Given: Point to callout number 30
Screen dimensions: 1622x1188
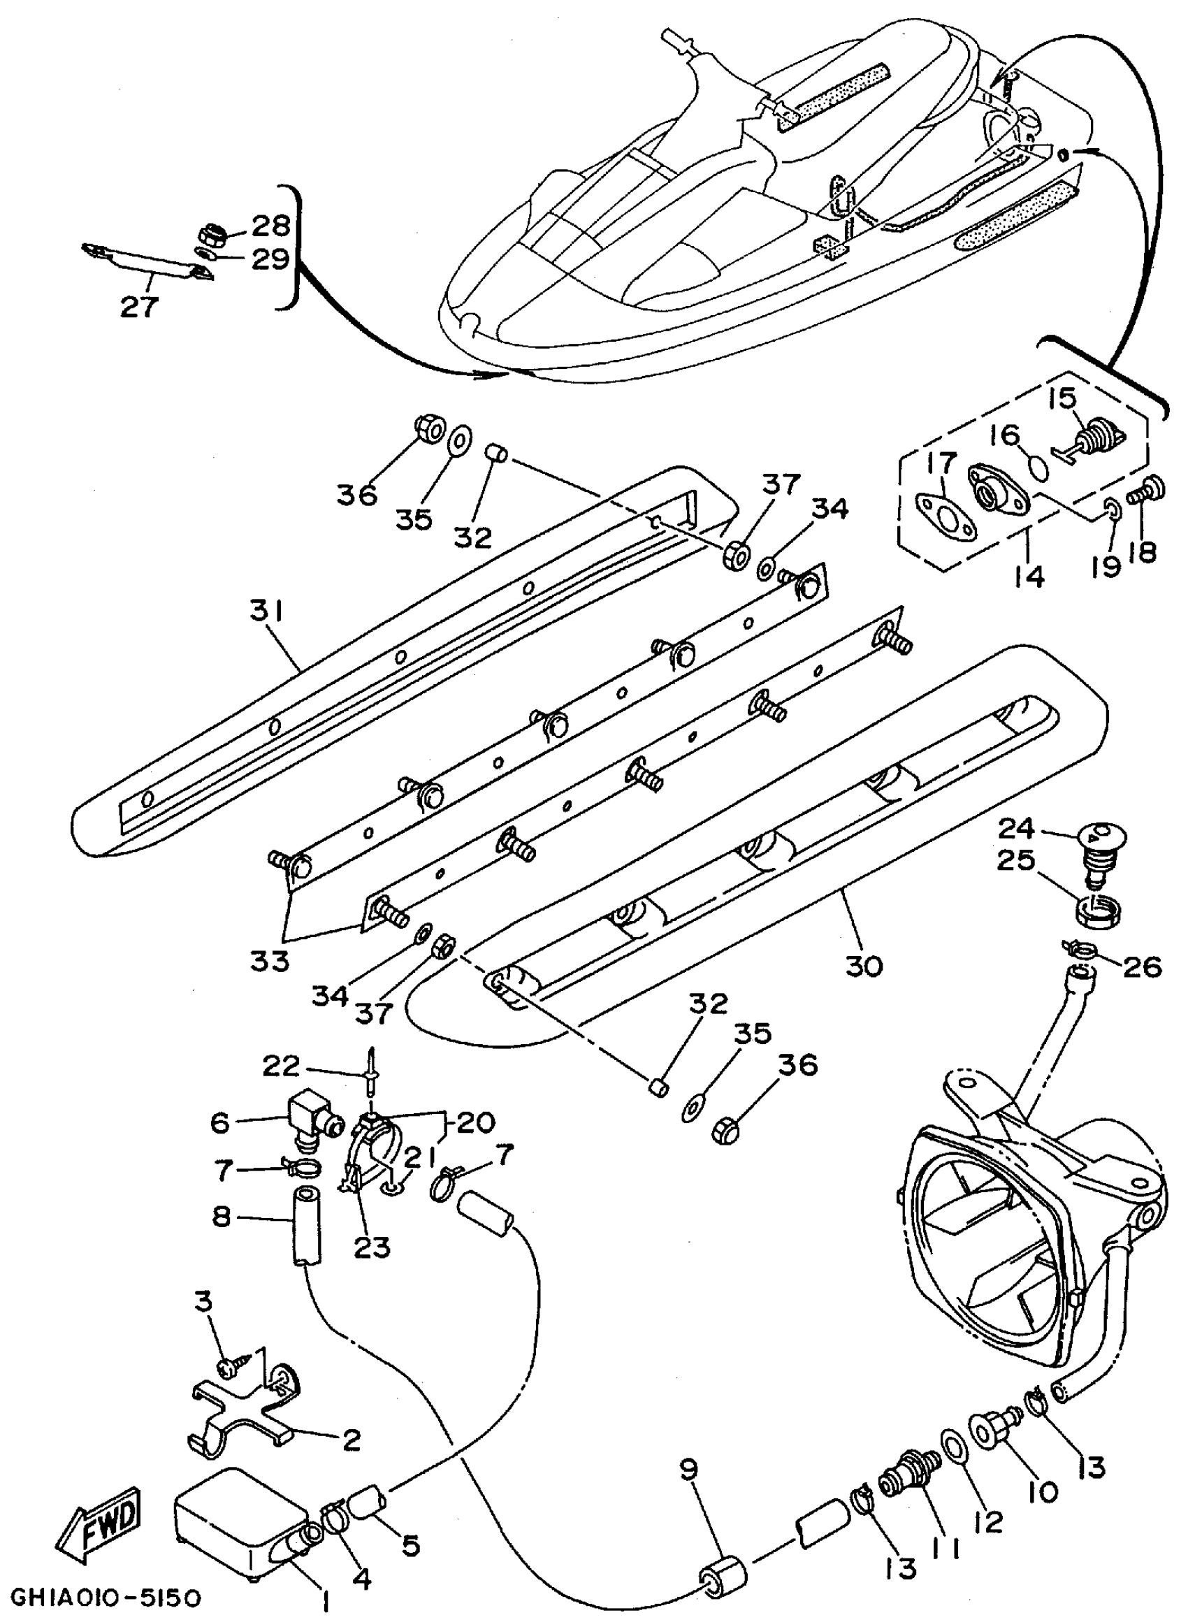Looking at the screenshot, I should point(863,966).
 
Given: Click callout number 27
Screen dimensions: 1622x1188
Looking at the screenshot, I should point(139,307).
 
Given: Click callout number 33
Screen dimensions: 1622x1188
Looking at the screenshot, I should point(270,960).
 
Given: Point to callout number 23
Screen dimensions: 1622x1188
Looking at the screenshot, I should point(372,1246).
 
